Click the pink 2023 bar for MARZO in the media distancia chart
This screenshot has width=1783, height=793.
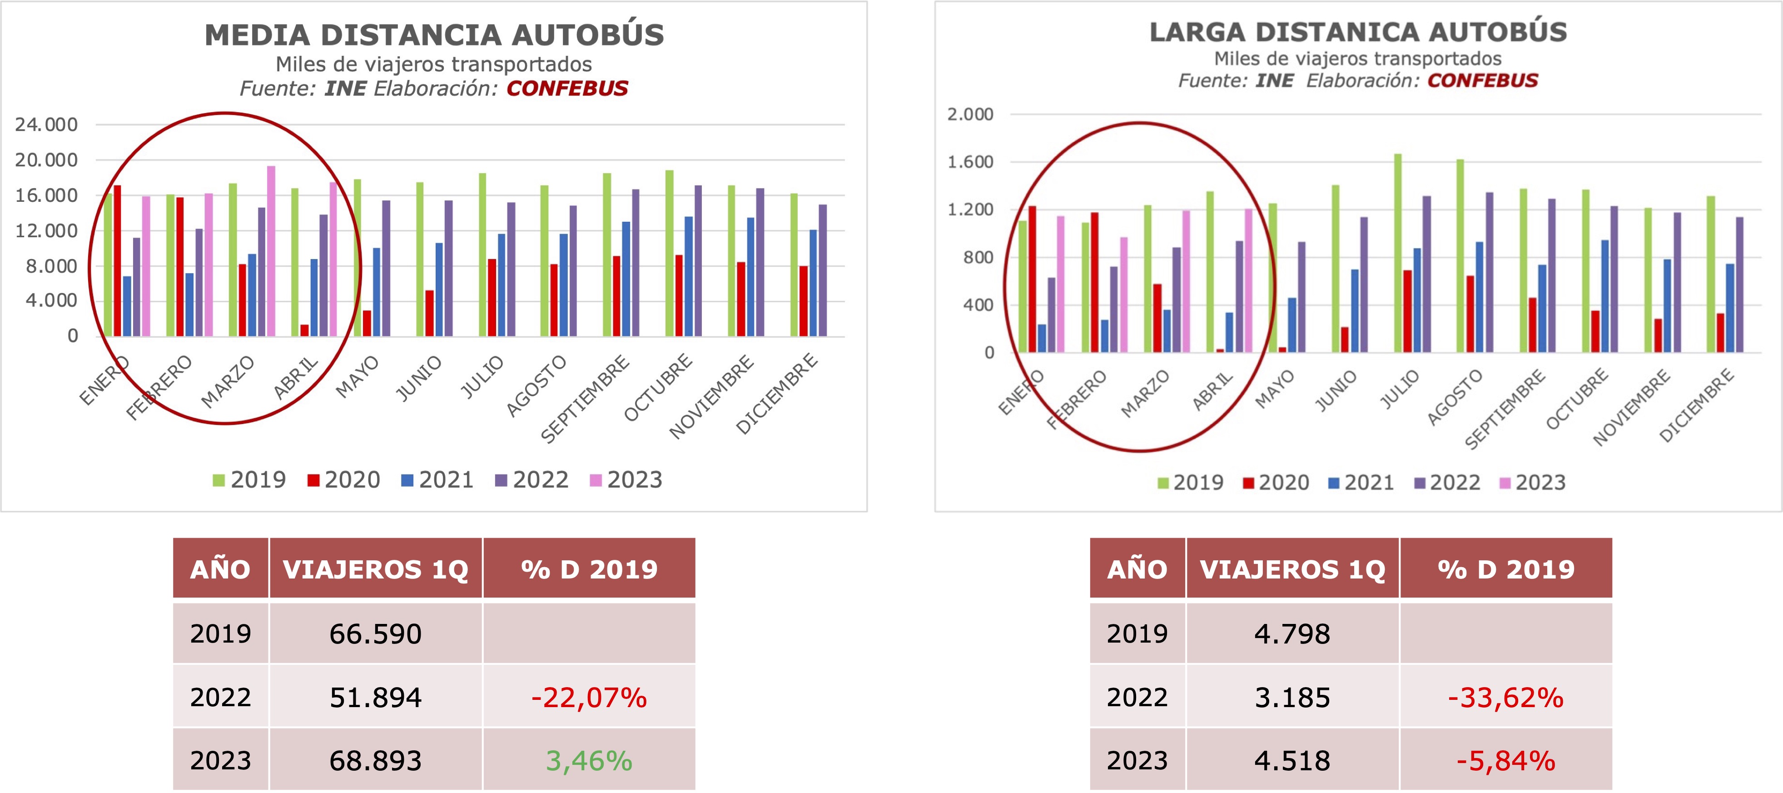271,251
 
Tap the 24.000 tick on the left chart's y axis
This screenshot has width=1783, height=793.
46,125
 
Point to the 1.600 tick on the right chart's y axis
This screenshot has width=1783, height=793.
970,162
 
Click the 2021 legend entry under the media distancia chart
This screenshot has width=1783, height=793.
437,480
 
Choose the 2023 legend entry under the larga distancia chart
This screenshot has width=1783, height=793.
1532,483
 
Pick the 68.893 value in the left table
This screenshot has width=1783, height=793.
375,760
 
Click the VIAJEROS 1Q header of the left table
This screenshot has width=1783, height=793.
375,569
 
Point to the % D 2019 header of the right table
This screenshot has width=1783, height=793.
1505,569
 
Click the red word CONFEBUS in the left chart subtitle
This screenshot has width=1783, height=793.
567,89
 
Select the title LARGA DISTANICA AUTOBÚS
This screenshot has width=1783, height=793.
1358,33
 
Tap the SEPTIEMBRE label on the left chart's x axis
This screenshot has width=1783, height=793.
586,398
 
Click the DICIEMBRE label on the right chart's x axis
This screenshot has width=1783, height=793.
1697,405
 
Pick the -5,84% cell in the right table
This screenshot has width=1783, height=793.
1505,760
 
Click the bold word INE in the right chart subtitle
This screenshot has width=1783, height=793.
1274,81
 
